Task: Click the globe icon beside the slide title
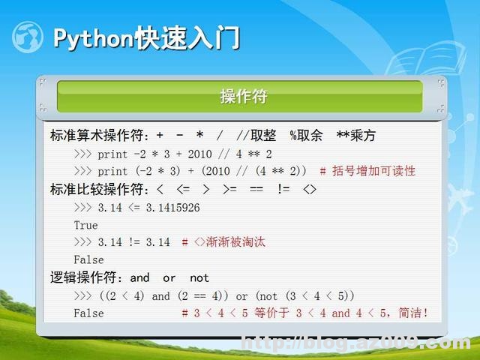pos(28,37)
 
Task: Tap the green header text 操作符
pos(244,97)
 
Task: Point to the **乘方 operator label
pos(356,136)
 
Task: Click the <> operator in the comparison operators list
pos(308,189)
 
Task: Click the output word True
pos(85,225)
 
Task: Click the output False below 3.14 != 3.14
pos(88,259)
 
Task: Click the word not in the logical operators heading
pos(199,277)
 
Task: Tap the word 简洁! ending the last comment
pos(412,313)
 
